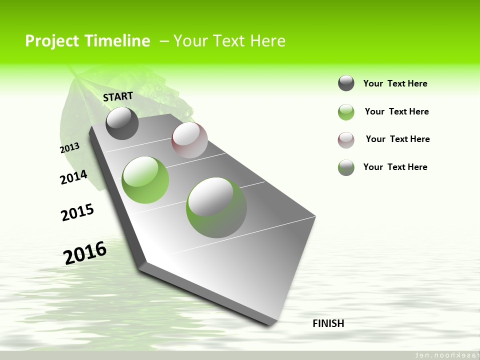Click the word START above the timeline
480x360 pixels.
118,96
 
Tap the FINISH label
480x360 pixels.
328,323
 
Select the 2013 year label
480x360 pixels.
70,147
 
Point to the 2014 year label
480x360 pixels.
73,177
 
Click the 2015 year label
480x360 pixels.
77,212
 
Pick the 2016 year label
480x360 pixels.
85,252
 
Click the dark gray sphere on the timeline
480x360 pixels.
122,123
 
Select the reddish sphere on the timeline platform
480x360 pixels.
189,140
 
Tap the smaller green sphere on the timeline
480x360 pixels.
145,180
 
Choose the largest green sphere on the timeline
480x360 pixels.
216,207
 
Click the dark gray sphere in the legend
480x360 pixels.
346,83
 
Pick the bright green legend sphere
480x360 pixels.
346,112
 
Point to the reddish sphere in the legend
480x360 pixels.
346,140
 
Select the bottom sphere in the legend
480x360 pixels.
346,167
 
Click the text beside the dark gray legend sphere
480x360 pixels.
395,83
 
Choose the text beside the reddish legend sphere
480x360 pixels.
397,139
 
